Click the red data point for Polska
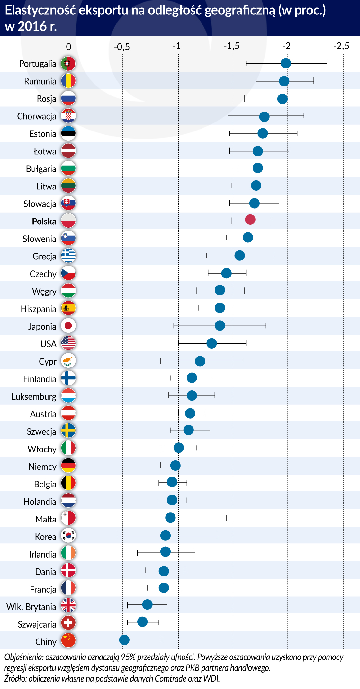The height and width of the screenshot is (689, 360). (250, 220)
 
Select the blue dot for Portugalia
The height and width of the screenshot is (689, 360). (286, 63)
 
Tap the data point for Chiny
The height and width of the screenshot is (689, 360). (124, 640)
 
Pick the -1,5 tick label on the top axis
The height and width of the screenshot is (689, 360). (231, 46)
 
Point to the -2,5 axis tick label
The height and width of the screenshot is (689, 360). (341, 46)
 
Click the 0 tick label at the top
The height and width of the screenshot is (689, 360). (68, 47)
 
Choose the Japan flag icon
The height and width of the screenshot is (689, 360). (68, 326)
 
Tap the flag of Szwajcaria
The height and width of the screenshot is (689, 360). (68, 623)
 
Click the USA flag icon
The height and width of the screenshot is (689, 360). (68, 343)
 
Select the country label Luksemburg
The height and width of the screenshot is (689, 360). (34, 397)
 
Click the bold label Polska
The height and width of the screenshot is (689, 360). (44, 222)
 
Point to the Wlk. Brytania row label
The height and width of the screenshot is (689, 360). (31, 607)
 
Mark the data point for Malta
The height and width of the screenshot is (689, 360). (170, 518)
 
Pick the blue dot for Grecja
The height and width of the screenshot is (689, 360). (239, 256)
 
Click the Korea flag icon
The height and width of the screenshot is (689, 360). (68, 535)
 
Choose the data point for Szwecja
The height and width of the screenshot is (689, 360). (189, 430)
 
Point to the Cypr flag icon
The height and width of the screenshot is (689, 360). (68, 360)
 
